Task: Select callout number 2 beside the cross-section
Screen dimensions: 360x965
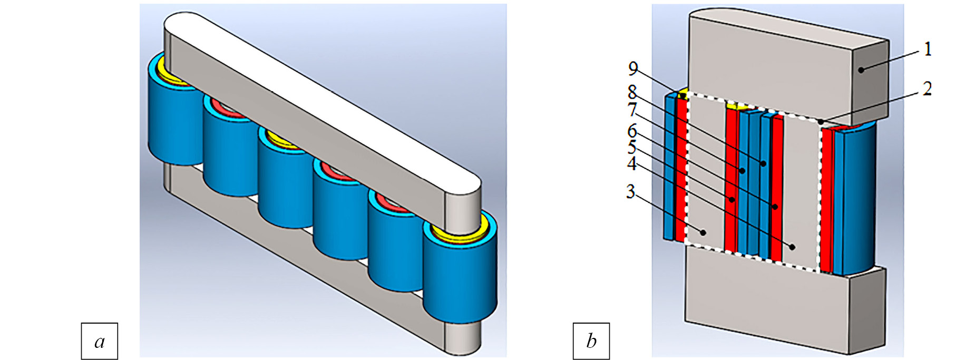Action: [x=927, y=89]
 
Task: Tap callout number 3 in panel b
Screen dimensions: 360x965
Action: [x=630, y=191]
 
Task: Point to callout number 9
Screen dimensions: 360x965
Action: [x=633, y=69]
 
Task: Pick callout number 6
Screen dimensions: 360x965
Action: [x=632, y=130]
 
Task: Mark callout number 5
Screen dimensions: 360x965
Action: [x=631, y=147]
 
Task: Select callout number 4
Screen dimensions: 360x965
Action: [x=631, y=164]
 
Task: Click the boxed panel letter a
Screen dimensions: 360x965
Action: [x=100, y=341]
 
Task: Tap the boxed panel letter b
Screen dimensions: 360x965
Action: [x=591, y=341]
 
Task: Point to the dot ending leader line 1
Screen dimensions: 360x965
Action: [x=861, y=70]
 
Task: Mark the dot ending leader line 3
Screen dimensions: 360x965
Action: [x=703, y=231]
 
